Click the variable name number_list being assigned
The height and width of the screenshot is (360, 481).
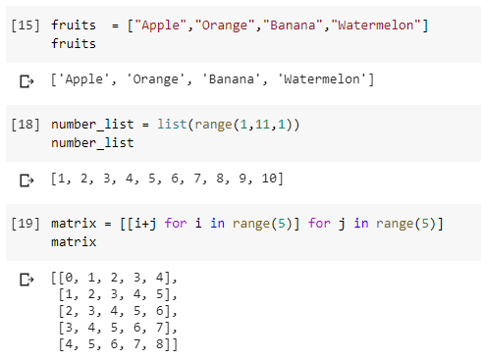point(91,127)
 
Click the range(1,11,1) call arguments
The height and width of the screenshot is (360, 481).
point(235,127)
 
